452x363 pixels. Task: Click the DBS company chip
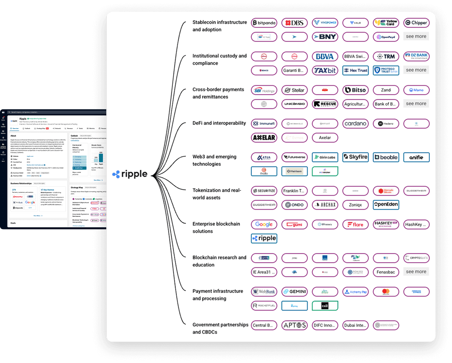pos(294,23)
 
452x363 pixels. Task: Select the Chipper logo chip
pos(416,23)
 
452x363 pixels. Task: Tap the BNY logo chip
pos(325,37)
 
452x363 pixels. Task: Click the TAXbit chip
pos(325,70)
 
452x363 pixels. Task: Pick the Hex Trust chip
pos(355,70)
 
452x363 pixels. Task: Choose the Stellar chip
pos(294,90)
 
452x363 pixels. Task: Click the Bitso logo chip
pos(355,90)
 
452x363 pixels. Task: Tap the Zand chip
pos(386,90)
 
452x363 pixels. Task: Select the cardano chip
pos(355,124)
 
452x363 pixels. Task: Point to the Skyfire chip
pos(355,157)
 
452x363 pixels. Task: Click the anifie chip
pos(416,157)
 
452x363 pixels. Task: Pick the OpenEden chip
pos(386,205)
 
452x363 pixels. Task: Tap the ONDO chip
pos(294,205)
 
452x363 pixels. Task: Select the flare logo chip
pos(355,225)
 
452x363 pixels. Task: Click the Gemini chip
pos(294,292)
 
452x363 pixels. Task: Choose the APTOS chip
pos(294,325)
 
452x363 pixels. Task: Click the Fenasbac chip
pos(386,272)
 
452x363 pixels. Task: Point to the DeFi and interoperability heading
pos(219,123)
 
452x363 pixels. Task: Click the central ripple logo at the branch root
pos(130,174)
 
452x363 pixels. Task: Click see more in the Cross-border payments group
pos(416,104)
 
